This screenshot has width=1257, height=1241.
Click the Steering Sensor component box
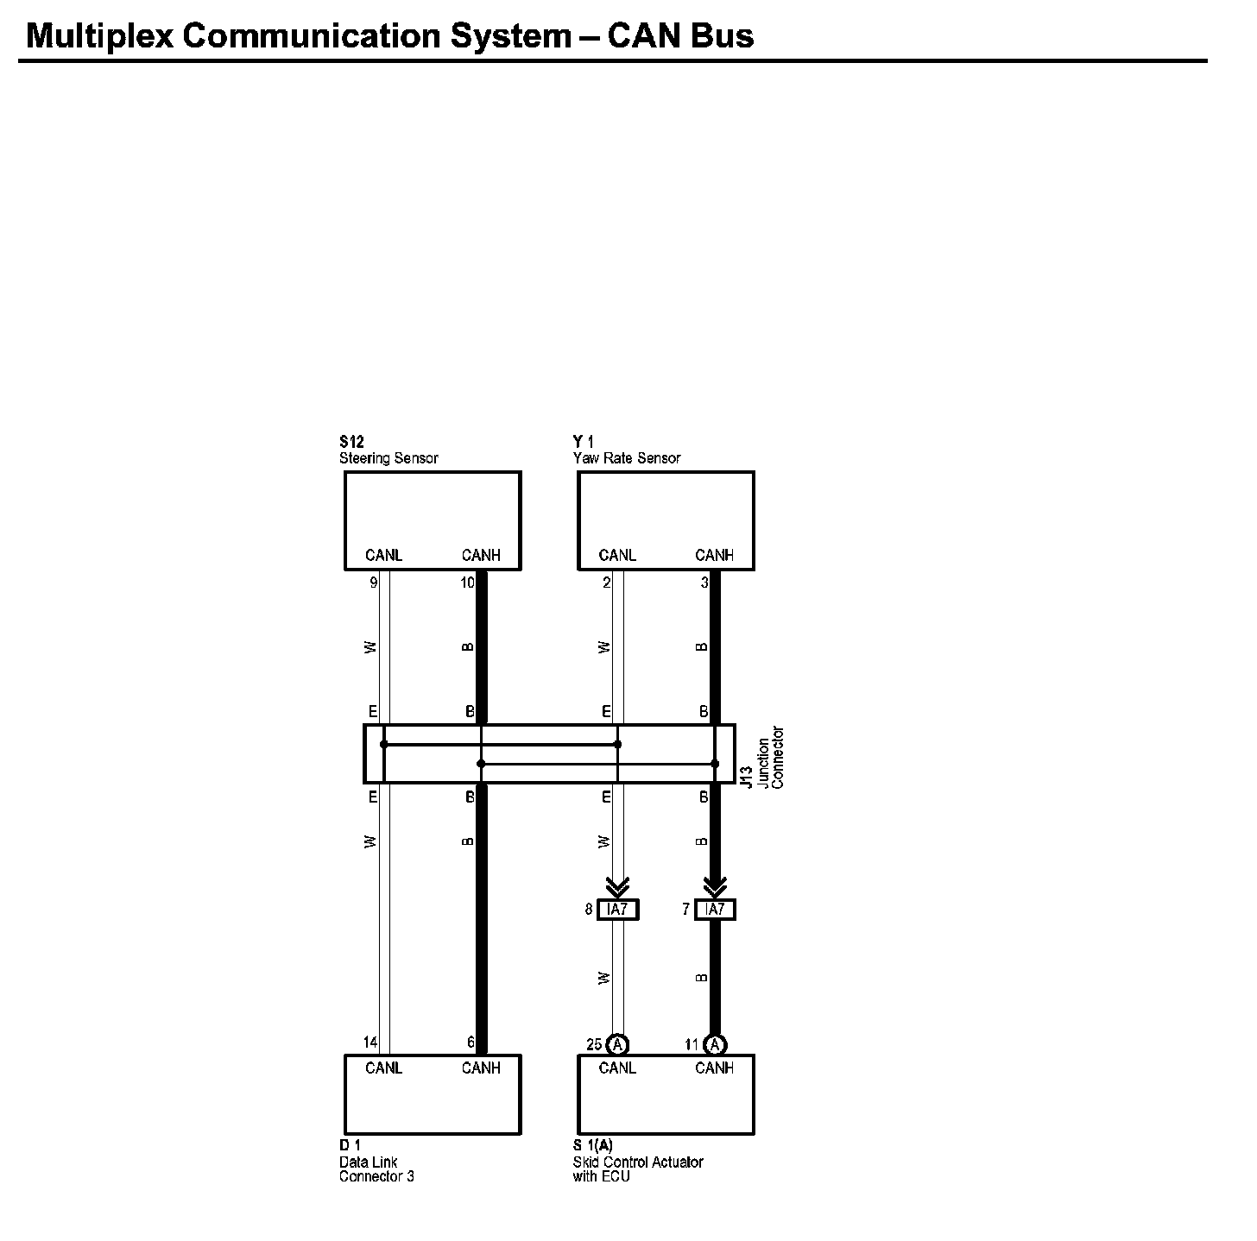point(433,520)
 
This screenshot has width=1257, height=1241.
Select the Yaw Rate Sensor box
point(666,520)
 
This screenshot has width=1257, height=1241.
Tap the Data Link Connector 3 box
point(433,1094)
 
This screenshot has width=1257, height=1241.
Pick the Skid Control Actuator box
point(666,1094)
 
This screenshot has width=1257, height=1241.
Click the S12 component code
point(351,443)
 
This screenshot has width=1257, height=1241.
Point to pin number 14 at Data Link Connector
point(370,1043)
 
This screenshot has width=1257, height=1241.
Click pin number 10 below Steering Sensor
point(467,583)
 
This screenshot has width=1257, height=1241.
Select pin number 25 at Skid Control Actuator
point(594,1044)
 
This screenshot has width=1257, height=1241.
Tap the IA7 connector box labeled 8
point(618,909)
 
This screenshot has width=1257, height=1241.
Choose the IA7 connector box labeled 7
point(715,909)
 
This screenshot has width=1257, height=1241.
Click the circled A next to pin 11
point(715,1044)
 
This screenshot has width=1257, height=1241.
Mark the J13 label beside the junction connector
point(748,776)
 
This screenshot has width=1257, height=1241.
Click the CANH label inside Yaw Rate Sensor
point(714,555)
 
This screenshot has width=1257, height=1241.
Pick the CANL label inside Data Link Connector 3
point(383,1068)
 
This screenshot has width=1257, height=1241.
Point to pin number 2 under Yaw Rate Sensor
point(607,583)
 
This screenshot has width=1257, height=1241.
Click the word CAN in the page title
point(643,35)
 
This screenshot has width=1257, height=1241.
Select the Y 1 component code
point(584,443)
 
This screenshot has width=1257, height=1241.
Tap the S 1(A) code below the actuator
point(593,1145)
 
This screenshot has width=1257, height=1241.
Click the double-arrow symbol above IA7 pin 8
point(618,886)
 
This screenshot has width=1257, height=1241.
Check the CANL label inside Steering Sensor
point(383,555)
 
